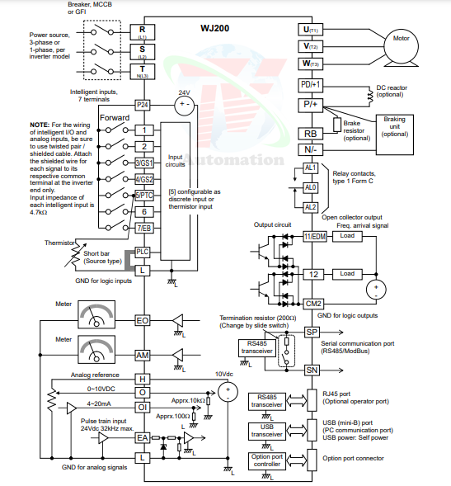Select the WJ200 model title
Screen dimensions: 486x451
coord(215,27)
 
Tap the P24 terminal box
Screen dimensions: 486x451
coord(143,106)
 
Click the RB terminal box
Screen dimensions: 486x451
coord(310,134)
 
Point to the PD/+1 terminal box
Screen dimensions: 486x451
coord(311,85)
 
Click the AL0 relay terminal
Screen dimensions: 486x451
coord(311,187)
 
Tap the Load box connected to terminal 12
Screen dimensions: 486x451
coord(347,273)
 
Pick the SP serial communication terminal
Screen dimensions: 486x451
coord(311,332)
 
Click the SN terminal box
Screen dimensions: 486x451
coord(311,370)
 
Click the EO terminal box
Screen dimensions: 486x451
coord(143,320)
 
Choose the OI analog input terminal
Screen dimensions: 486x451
coord(143,406)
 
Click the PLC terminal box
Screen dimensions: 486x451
coord(143,251)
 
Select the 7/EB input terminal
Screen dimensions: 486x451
coord(143,228)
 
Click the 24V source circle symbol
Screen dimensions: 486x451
coord(185,106)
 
